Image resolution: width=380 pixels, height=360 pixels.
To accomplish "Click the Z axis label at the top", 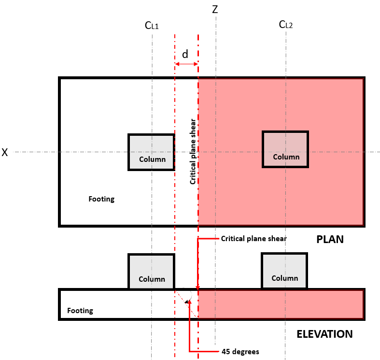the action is tap(215, 10).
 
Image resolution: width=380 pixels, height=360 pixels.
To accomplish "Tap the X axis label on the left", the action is tap(5, 152).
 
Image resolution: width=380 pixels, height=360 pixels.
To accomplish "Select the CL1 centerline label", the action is tap(152, 25).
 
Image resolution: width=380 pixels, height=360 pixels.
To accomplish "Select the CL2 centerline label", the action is tap(286, 24).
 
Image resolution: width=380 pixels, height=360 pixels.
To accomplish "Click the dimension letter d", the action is tap(185, 54).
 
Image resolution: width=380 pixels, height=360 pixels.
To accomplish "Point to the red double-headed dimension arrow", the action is tap(186, 64).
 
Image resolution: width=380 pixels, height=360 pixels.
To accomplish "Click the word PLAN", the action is tap(330, 239).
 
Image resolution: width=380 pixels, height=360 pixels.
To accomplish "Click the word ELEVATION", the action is tap(325, 334).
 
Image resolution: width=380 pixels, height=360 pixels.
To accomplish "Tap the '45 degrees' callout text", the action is tap(240, 351).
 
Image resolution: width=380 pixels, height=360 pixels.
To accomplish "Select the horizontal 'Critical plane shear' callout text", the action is tap(254, 239).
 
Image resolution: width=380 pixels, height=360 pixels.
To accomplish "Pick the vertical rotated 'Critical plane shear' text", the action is tap(193, 152).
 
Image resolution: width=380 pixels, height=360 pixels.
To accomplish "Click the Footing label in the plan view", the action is tap(101, 199).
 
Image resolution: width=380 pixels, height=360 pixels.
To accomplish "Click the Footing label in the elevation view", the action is tap(80, 311).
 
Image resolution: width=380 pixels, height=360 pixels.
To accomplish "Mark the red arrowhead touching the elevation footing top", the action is tap(198, 288).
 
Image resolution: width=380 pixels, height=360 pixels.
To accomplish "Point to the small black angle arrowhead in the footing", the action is tap(187, 302).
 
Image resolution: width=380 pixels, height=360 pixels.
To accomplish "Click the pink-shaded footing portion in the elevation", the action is tap(281, 304).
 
